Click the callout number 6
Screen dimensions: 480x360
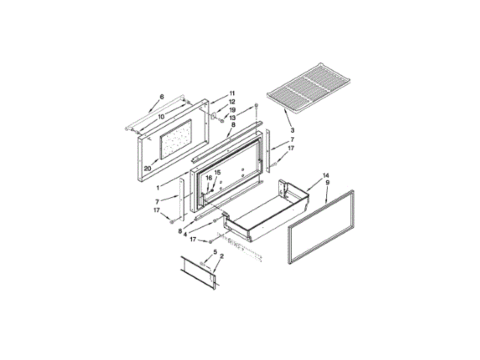pos(162,97)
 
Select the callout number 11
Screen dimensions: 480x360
pos(232,93)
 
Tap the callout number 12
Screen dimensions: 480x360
pos(232,102)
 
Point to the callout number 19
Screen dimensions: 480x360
pos(232,110)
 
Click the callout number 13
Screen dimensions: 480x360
pos(232,118)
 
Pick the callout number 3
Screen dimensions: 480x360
pos(292,130)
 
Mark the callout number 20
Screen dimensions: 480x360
pos(148,168)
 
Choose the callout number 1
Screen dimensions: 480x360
pos(158,188)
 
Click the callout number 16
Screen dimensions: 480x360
pos(208,178)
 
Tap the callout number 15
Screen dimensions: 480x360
pos(217,172)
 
